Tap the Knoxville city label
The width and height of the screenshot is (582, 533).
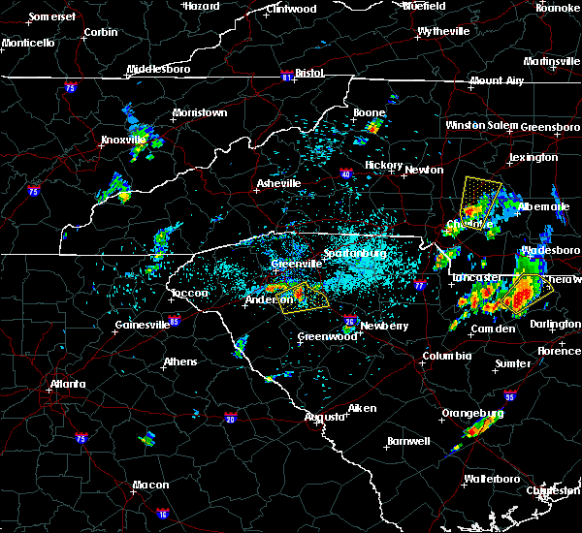pyautogui.click(x=121, y=140)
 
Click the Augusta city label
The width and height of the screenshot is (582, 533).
pyautogui.click(x=324, y=417)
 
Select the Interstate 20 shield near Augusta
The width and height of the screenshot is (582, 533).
pyautogui.click(x=230, y=419)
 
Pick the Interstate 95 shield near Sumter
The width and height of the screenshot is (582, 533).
pyautogui.click(x=511, y=396)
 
